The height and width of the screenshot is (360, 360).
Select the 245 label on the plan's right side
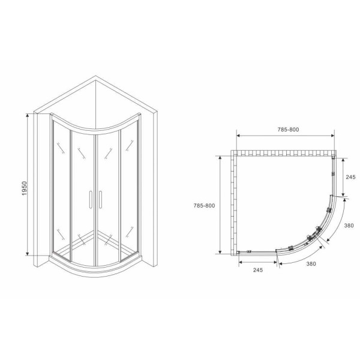point(351,177)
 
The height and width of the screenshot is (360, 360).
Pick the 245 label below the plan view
point(258,269)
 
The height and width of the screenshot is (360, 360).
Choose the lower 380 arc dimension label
point(312,263)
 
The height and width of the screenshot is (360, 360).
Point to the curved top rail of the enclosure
point(96,125)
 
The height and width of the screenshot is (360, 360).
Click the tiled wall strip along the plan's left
point(234,204)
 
